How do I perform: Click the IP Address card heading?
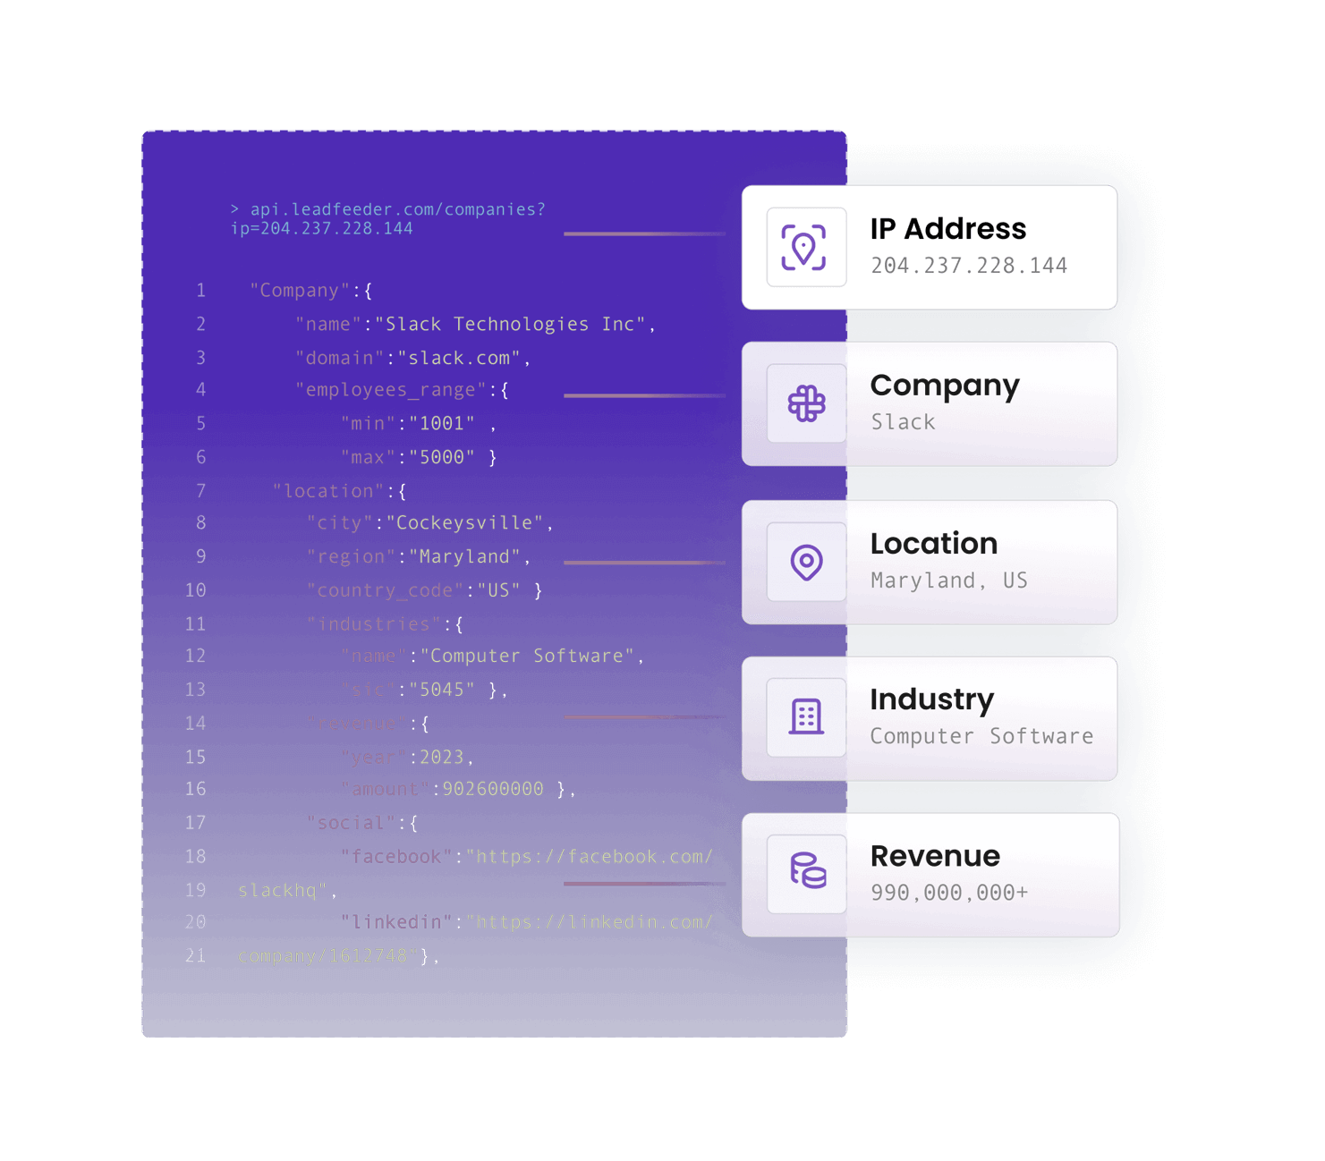pyautogui.click(x=947, y=229)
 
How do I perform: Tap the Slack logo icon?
pyautogui.click(x=806, y=404)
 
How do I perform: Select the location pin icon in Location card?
pyautogui.click(x=806, y=563)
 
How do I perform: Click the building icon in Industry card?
pyautogui.click(x=806, y=717)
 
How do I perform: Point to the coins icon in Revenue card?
pyautogui.click(x=806, y=871)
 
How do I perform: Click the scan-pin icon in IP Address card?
pyautogui.click(x=803, y=248)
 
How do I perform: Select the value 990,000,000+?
pyautogui.click(x=949, y=893)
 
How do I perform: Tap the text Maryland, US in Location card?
pyautogui.click(x=949, y=580)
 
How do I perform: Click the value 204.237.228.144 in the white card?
pyautogui.click(x=969, y=266)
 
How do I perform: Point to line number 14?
pyautogui.click(x=195, y=724)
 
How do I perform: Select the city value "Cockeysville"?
pyautogui.click(x=464, y=523)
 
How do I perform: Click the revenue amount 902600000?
pyautogui.click(x=493, y=789)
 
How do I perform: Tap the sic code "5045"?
pyautogui.click(x=442, y=690)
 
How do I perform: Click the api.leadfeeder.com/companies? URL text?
pyautogui.click(x=397, y=209)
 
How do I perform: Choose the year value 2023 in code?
pyautogui.click(x=442, y=758)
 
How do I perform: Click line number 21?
pyautogui.click(x=195, y=956)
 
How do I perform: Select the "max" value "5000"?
pyautogui.click(x=442, y=457)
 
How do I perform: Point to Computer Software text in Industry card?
pyautogui.click(x=981, y=736)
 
